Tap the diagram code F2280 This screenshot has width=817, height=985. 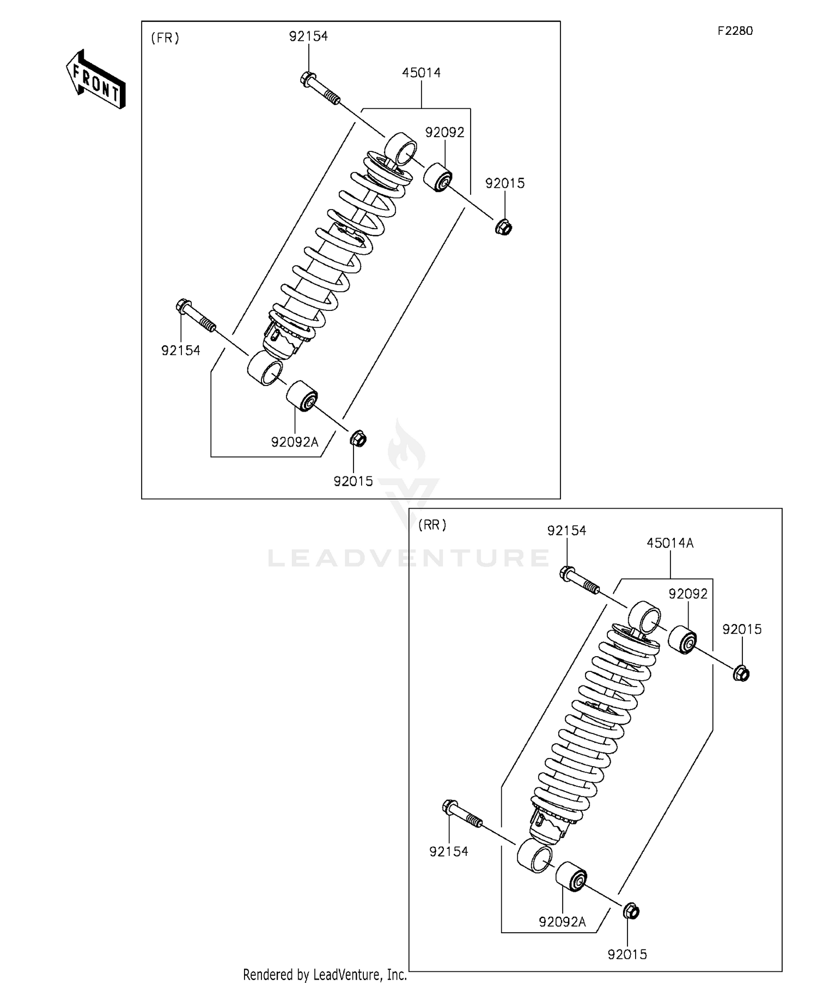(735, 31)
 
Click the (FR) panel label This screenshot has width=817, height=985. (164, 38)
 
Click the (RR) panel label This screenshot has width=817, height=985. (432, 525)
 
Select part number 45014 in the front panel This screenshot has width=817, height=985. (421, 72)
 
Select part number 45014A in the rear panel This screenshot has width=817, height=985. (670, 543)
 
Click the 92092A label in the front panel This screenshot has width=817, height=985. (295, 442)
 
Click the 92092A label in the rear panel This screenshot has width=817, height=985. (562, 922)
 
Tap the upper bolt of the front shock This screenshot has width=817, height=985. (320, 88)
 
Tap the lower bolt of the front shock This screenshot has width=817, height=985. (196, 316)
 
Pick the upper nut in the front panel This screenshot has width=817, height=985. (504, 226)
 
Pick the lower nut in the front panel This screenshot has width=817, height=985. (358, 438)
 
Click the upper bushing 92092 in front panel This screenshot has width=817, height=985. (438, 177)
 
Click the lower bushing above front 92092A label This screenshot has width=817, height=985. (302, 396)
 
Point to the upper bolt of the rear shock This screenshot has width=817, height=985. (580, 580)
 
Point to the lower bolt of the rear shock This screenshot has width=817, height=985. (462, 815)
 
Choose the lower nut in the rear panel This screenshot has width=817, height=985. (631, 911)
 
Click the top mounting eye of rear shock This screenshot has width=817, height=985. (645, 617)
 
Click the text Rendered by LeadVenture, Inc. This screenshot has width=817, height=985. (325, 975)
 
